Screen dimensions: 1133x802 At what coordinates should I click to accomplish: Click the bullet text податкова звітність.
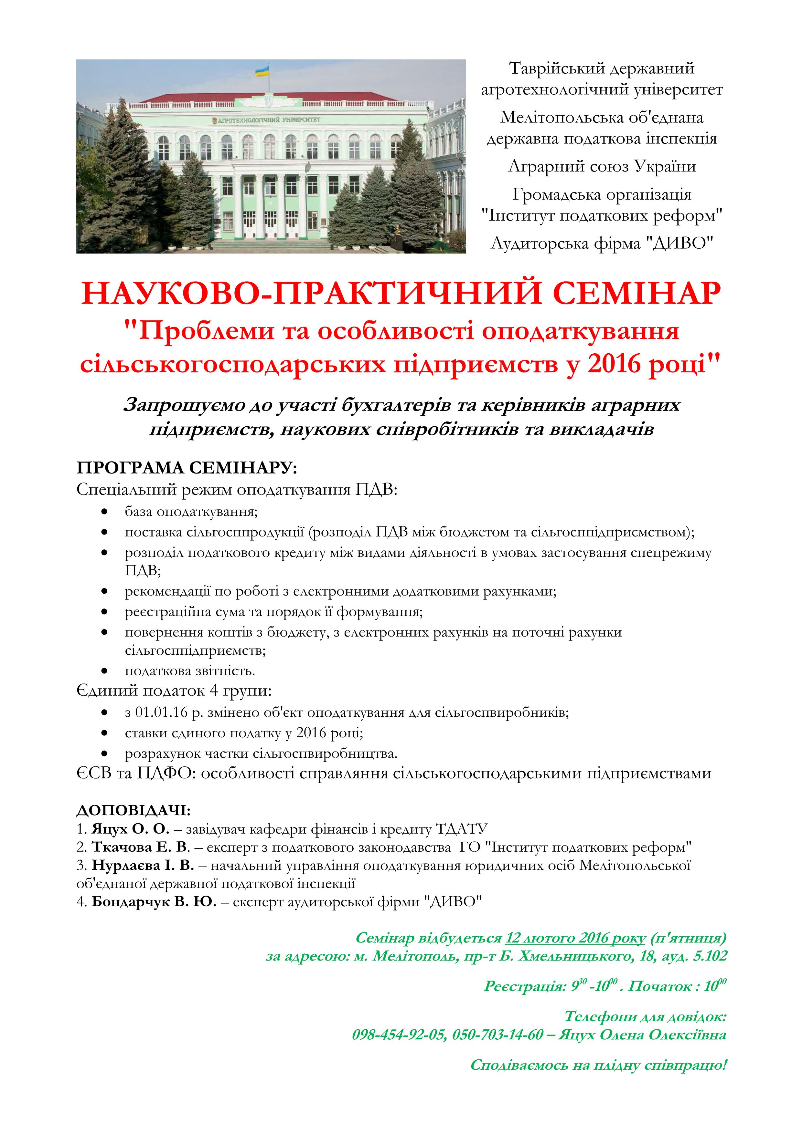[x=190, y=671]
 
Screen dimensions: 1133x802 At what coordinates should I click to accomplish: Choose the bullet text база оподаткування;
[x=192, y=512]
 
